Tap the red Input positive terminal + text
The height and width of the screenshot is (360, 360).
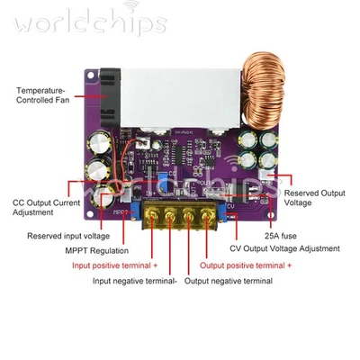[114, 265]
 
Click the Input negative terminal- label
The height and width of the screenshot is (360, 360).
[135, 281]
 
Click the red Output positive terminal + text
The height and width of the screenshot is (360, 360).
[246, 265]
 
